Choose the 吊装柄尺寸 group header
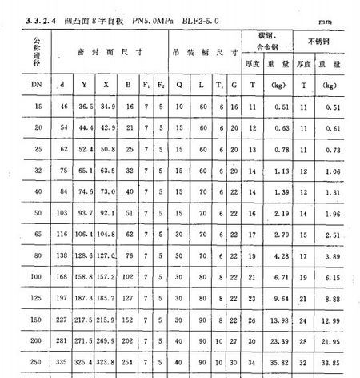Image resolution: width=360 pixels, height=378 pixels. coord(206,53)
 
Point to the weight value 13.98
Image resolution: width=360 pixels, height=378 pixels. coord(279,320)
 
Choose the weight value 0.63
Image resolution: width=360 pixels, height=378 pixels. coord(281,127)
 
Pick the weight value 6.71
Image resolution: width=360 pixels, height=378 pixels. coord(281,276)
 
